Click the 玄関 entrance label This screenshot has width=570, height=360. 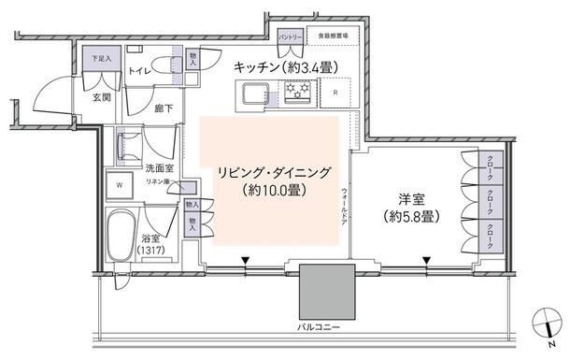102,95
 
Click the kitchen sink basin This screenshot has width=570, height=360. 255,94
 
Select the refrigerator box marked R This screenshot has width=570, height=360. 335,93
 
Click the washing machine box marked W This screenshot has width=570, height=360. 119,184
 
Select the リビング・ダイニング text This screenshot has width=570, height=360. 275,173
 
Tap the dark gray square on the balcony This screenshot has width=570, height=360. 329,291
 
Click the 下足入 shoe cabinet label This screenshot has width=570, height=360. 101,59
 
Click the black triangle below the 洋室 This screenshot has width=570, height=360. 426,261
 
